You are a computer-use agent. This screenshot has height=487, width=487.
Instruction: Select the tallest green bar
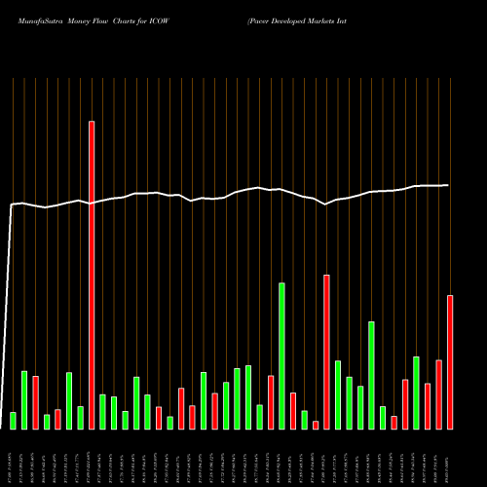point(281,356)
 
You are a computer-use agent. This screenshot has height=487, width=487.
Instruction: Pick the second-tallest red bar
point(326,352)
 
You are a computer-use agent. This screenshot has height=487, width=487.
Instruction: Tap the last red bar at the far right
point(450,361)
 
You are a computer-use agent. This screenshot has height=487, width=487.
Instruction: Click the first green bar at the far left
point(13,420)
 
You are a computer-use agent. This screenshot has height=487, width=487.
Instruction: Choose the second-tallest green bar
point(371,375)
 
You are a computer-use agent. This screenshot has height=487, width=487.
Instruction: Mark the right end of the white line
point(448,185)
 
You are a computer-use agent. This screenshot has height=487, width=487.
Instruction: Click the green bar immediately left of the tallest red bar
point(80,417)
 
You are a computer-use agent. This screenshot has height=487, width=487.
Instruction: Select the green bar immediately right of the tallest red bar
point(102,411)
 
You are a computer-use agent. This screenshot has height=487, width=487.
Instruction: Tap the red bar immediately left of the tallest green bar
point(271,401)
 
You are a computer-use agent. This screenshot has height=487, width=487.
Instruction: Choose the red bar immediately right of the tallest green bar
point(292,410)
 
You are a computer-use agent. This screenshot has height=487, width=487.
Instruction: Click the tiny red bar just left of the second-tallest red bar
point(316,424)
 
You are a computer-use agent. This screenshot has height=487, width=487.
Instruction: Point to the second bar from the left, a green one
point(24,399)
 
